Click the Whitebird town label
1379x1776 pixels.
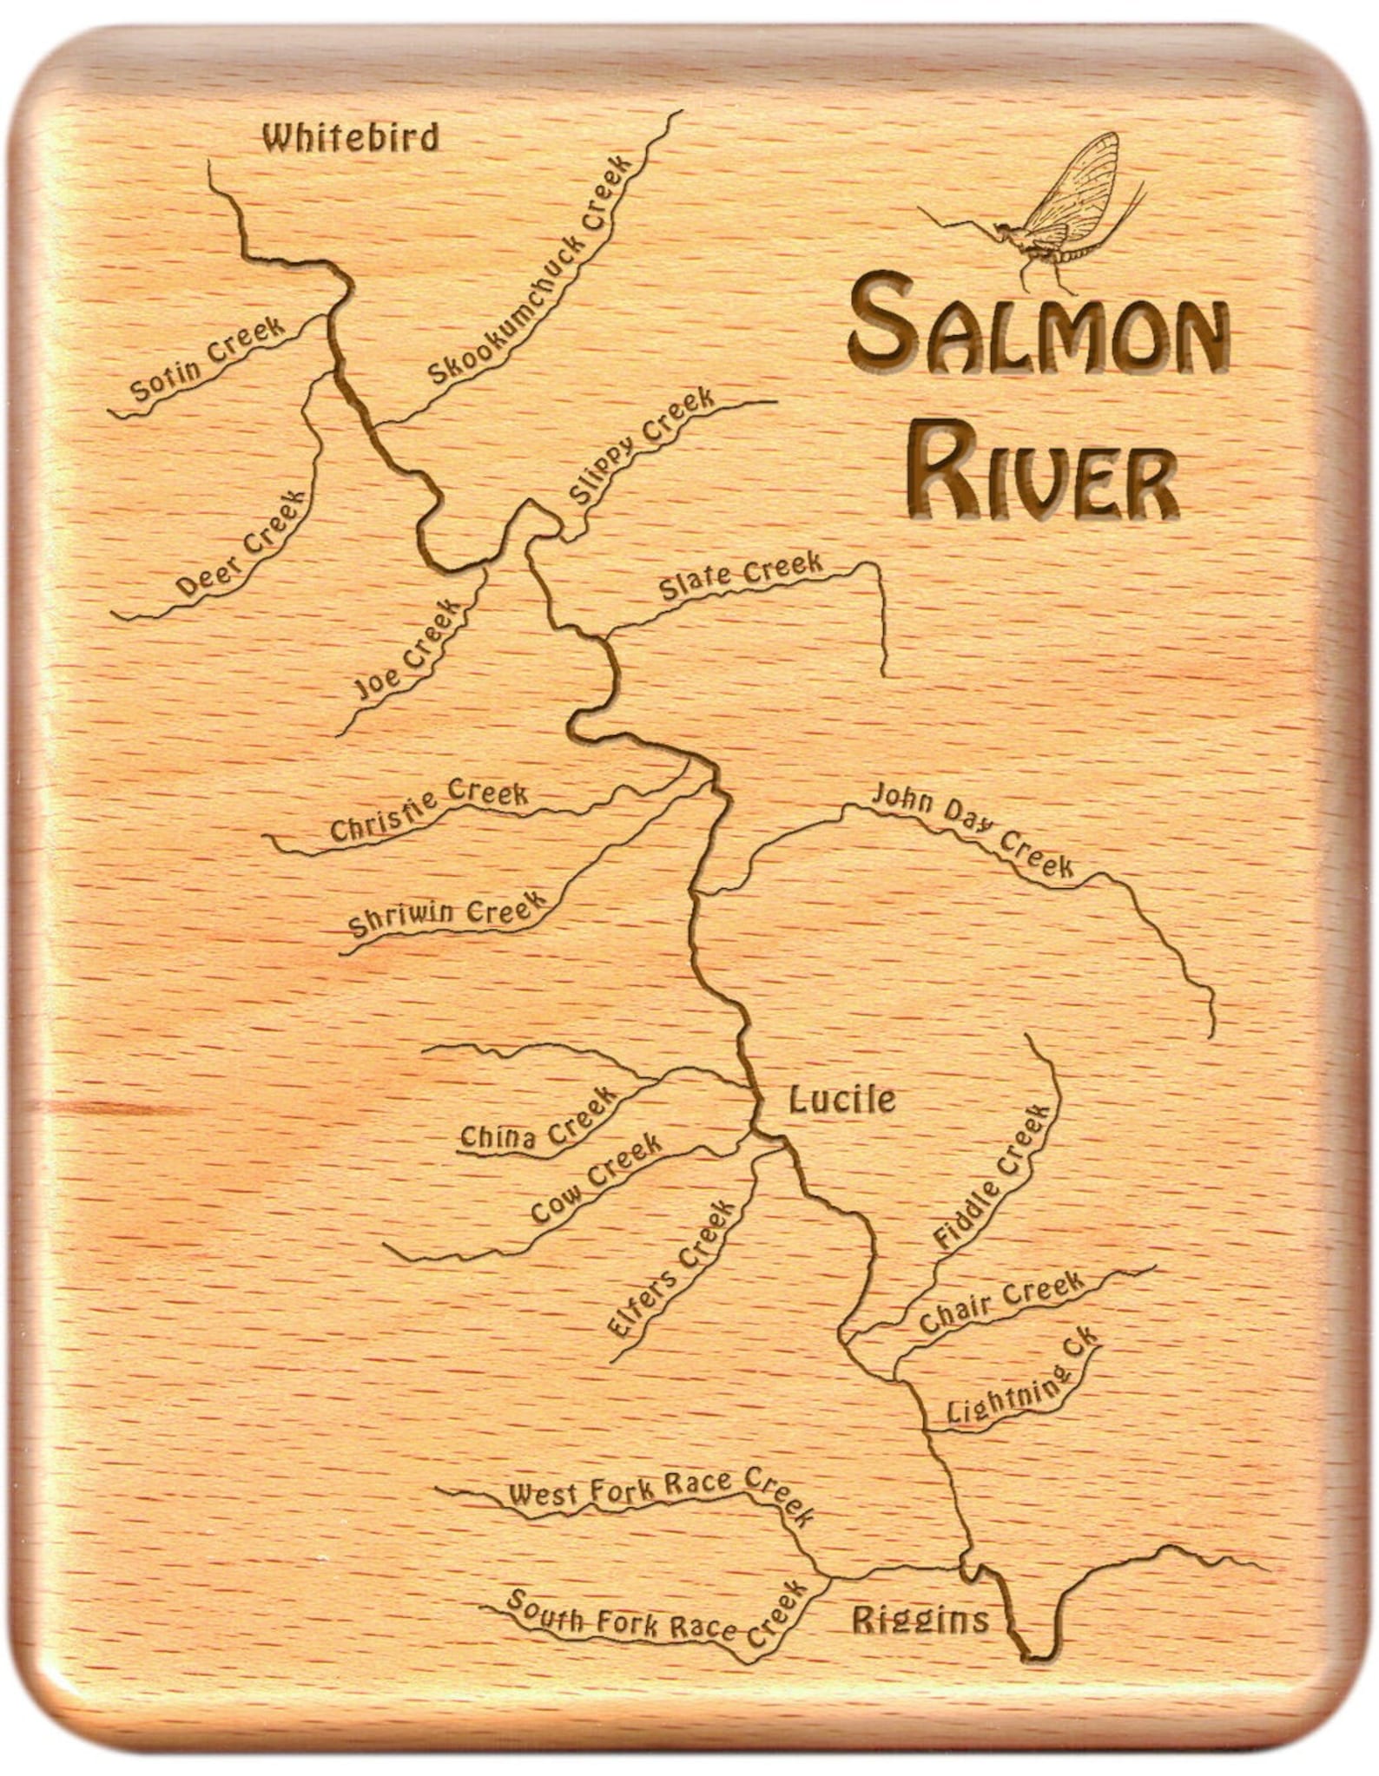coord(351,138)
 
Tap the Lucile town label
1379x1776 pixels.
coord(841,1101)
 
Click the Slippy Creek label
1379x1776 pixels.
coord(642,447)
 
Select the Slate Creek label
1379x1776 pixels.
coord(741,576)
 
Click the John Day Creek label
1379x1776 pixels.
coord(973,829)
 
